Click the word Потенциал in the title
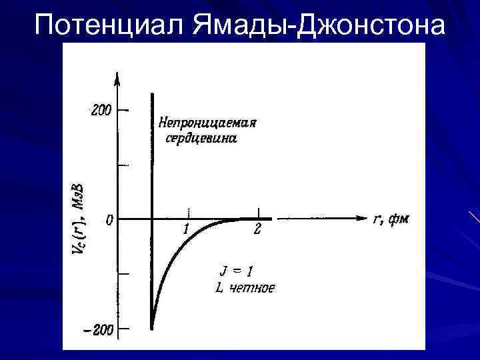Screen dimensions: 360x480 (109, 25)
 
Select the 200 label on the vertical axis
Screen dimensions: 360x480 (101, 110)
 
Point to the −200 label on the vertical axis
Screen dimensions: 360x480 (99, 329)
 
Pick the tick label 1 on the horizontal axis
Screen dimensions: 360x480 (187, 230)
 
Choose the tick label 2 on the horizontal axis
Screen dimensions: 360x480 (258, 231)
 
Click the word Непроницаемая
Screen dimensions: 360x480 (207, 123)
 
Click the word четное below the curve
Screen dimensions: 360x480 (251, 287)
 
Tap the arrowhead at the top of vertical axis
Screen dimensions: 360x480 (118, 78)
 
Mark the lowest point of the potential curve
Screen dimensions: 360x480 (152, 327)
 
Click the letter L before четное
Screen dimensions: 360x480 (219, 287)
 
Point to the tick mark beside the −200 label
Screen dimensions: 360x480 (124, 328)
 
